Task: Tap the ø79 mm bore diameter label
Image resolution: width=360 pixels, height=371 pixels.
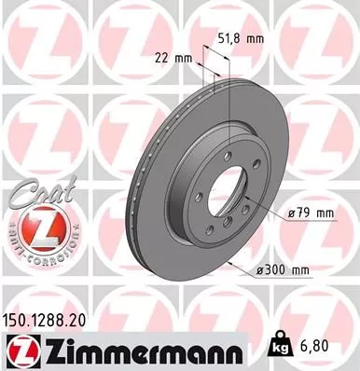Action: (312, 213)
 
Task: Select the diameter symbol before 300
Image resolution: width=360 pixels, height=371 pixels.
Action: (258, 270)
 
